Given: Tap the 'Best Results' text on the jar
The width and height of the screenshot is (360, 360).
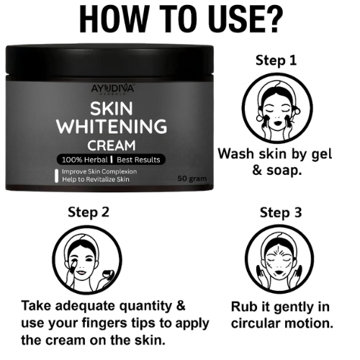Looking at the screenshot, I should click(138, 159).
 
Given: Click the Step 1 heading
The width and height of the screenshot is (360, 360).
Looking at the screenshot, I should click(276, 61).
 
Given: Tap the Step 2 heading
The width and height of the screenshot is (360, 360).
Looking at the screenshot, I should click(89, 213).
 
